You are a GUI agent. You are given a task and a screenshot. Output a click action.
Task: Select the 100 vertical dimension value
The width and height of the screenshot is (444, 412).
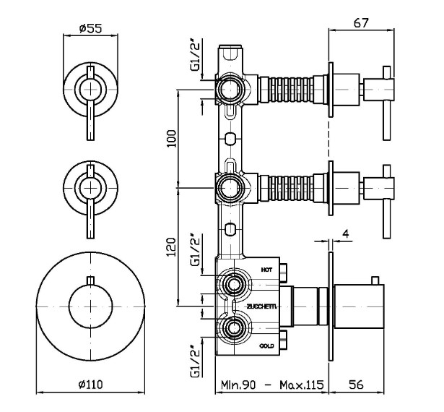pos(171,137)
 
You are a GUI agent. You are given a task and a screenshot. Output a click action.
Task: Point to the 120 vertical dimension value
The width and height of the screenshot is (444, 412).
pos(171,247)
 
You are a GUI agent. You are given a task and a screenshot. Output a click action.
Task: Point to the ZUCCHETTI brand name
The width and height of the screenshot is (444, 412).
pos(261,306)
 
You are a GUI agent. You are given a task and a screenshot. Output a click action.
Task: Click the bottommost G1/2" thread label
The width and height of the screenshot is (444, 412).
pos(195,366)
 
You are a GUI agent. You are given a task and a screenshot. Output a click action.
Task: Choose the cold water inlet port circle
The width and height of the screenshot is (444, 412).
pos(232,330)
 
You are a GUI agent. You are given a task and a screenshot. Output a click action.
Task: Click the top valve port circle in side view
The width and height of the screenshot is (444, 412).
pos(230,90)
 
